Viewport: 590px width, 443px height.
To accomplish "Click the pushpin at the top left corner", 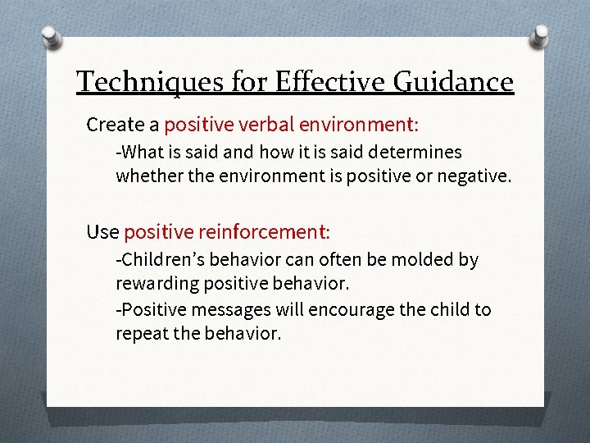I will tap(51, 36).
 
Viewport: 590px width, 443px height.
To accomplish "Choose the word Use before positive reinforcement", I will tap(102, 232).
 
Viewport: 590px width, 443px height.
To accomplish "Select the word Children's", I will tap(161, 260).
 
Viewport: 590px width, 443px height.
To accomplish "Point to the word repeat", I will tap(141, 334).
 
